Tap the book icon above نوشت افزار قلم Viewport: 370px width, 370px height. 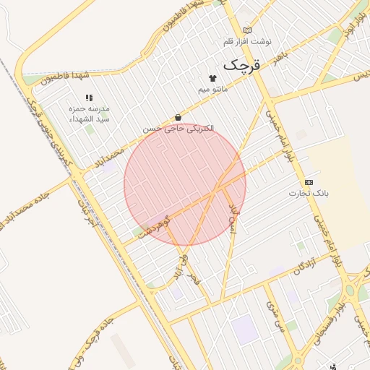249,30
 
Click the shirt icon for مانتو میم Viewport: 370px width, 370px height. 212,78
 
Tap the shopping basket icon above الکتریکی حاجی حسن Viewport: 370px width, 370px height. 178,118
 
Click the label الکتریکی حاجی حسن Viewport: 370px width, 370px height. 178,129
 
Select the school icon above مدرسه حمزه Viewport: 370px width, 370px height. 89,98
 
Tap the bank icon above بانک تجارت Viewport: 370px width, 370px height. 309,182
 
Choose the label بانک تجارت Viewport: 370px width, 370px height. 309,193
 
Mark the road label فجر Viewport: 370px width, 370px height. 192,277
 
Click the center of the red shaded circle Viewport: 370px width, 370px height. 185,185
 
